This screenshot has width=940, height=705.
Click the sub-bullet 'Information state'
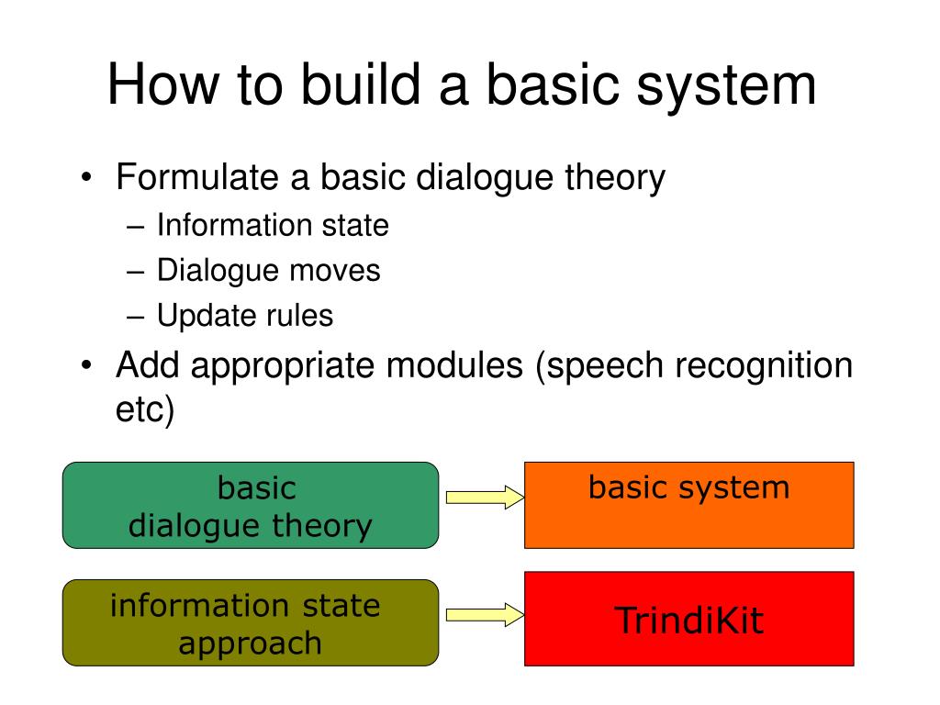coord(273,225)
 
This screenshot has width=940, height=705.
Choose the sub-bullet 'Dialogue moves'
coord(268,270)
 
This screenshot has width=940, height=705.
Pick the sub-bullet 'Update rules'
coord(245,316)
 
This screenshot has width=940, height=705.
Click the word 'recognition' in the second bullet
coord(764,366)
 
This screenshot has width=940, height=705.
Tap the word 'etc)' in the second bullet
coord(145,410)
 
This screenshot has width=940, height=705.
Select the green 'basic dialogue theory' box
coord(251,506)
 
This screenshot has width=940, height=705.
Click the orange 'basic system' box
coord(688,505)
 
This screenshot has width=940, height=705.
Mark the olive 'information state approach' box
coord(251,623)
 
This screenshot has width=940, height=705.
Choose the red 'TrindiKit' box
coord(688,620)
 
